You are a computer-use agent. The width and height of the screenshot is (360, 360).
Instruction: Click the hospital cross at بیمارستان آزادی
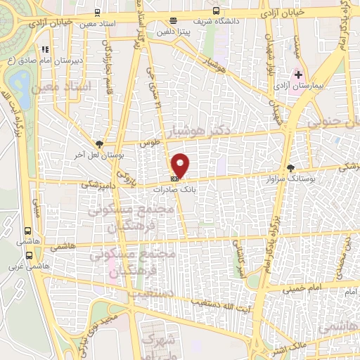[297, 74]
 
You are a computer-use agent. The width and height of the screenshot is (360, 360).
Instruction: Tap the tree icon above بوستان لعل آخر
[100, 143]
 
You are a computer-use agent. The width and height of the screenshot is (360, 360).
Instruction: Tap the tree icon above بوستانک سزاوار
[291, 167]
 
